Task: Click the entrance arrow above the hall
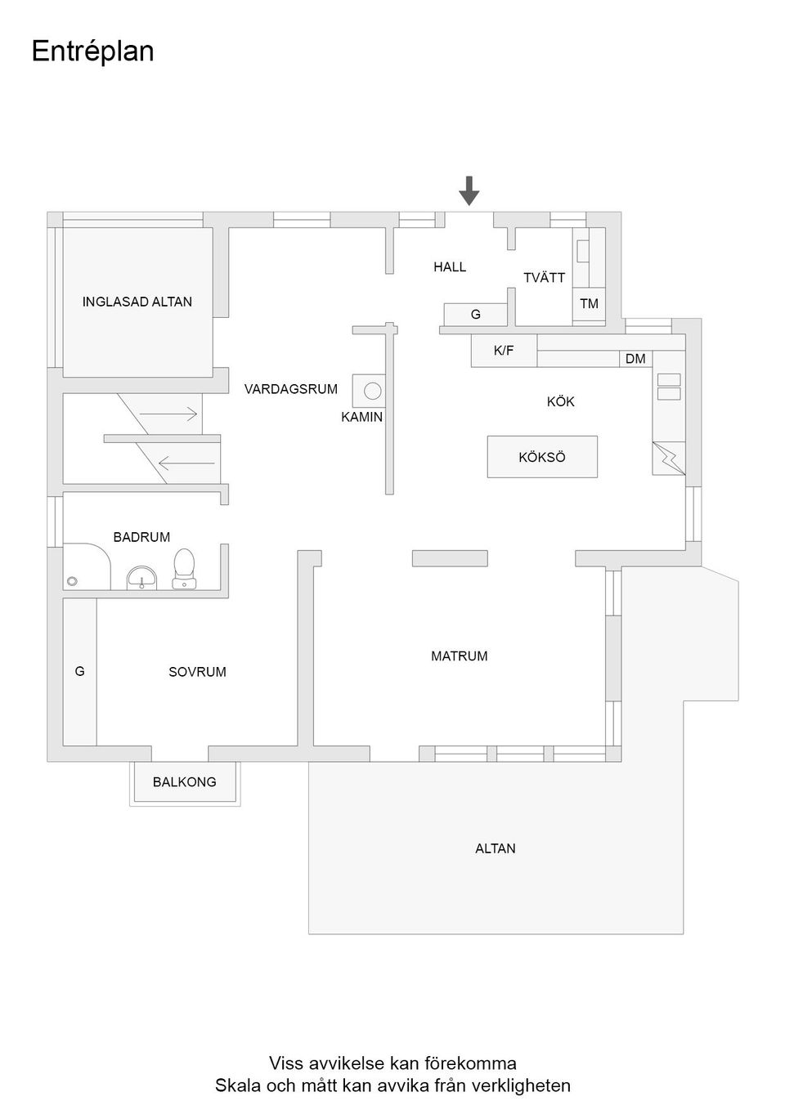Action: pyautogui.click(x=469, y=190)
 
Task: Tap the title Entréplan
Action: pyautogui.click(x=92, y=51)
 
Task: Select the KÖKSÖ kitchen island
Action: pyautogui.click(x=542, y=457)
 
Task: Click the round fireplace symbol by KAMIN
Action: pyautogui.click(x=373, y=391)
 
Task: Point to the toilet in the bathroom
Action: pyautogui.click(x=184, y=568)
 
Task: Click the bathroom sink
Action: pyautogui.click(x=142, y=577)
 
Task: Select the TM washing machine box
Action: pyautogui.click(x=589, y=304)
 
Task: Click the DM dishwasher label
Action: pyautogui.click(x=635, y=359)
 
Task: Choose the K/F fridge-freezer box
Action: pyautogui.click(x=504, y=351)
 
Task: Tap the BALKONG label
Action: pyautogui.click(x=185, y=782)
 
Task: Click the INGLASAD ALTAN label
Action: pyautogui.click(x=137, y=302)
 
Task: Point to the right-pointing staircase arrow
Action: pyautogui.click(x=168, y=414)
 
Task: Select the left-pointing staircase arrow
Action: pyautogui.click(x=186, y=465)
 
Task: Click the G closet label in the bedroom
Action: pyautogui.click(x=79, y=671)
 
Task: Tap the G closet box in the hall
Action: pyautogui.click(x=475, y=315)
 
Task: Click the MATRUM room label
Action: pyautogui.click(x=460, y=656)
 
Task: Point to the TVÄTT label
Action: pyautogui.click(x=544, y=278)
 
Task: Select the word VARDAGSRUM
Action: pyautogui.click(x=290, y=389)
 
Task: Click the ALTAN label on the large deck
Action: pyautogui.click(x=496, y=848)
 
